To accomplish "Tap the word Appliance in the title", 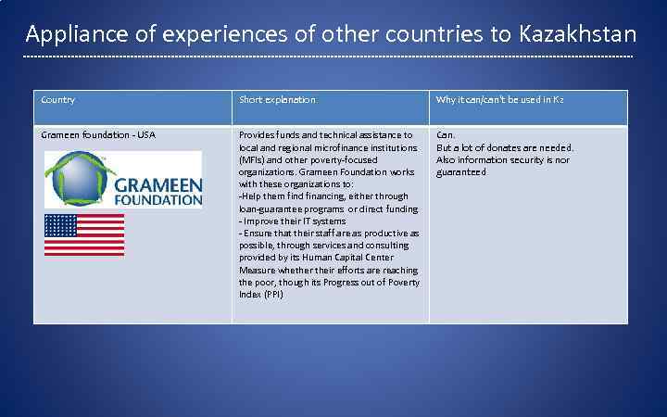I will (69, 35).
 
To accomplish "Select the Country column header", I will (58, 100).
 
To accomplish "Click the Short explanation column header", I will (277, 100).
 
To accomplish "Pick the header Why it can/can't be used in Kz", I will (500, 100).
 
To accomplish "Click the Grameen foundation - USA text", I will (98, 135).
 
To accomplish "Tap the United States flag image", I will (84, 234).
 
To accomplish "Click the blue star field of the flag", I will (61, 225).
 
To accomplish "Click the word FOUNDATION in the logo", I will (157, 198).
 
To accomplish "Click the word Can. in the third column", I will (446, 135).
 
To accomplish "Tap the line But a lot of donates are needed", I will (505, 147).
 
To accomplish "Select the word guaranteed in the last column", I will (460, 172).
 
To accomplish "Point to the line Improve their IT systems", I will (293, 221).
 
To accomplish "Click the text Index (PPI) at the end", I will (261, 295).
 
